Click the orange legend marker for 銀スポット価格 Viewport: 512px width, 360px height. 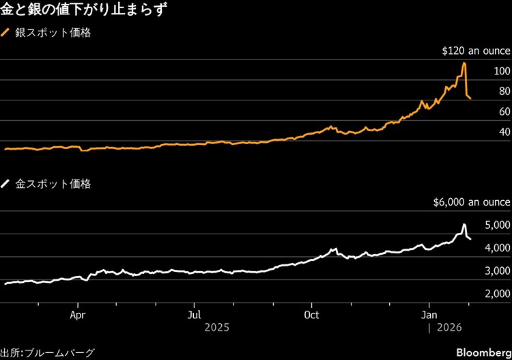tap(6, 33)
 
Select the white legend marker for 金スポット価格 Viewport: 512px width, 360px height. tap(6, 184)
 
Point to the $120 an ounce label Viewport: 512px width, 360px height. tap(476, 51)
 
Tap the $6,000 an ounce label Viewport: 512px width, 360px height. tap(472, 202)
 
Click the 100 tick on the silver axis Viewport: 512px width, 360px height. tap(502, 71)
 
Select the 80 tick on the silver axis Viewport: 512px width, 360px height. tap(504, 92)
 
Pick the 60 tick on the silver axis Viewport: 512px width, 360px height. tap(504, 111)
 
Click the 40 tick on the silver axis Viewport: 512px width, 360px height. tap(504, 132)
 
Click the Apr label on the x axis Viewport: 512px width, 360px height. tap(79, 316)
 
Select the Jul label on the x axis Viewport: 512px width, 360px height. tap(195, 316)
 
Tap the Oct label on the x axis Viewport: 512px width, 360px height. tap(311, 316)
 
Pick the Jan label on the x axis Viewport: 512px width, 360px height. tap(429, 316)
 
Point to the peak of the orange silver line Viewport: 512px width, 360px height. tap(464, 64)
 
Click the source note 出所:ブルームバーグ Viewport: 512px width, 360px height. tap(47, 352)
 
